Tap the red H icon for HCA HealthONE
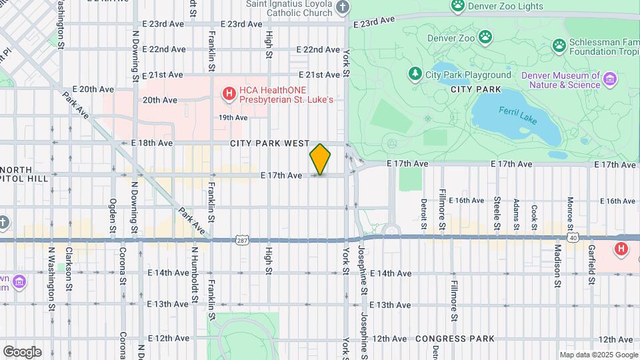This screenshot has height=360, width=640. click(229, 93)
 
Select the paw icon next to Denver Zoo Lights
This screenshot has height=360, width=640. click(457, 6)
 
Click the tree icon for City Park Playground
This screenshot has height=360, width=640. click(415, 73)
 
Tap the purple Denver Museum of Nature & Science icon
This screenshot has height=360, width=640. click(609, 80)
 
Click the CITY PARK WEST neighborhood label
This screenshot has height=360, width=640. click(270, 143)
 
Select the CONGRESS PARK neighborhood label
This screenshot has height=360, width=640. click(455, 339)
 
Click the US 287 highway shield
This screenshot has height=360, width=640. click(241, 239)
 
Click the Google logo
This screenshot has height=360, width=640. click(22, 351)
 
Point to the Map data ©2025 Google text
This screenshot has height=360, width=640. click(598, 355)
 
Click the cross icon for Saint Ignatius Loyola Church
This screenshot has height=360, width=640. click(342, 8)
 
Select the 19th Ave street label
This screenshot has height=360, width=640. click(233, 117)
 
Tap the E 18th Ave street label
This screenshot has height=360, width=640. click(152, 143)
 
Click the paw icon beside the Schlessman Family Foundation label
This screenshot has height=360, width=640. click(559, 45)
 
